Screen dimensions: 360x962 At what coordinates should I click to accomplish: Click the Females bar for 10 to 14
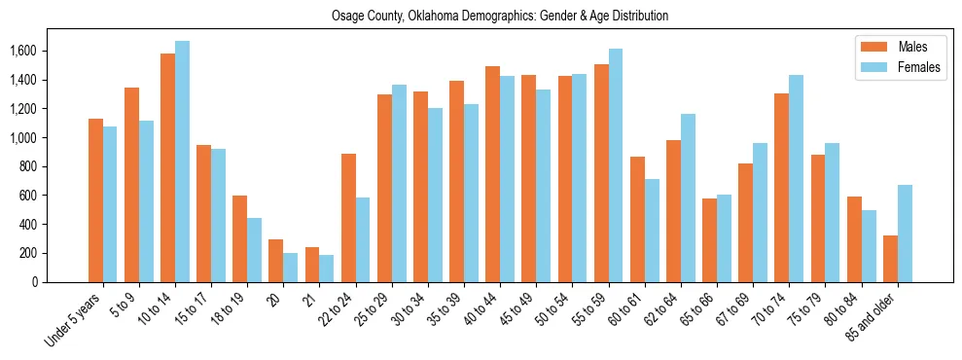tap(182, 162)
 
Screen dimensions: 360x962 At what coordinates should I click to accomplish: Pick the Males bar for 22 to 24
tap(348, 218)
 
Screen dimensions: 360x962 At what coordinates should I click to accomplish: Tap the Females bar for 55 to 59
tap(615, 165)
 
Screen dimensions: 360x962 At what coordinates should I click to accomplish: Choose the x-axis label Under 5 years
tap(74, 321)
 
